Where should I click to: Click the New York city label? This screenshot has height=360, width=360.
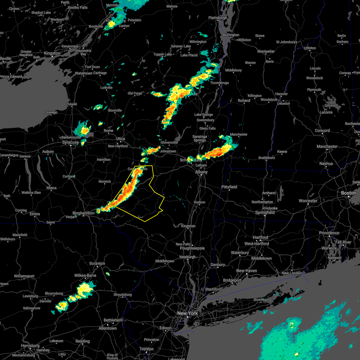click(187, 313)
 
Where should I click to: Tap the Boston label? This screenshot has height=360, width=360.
click(349, 193)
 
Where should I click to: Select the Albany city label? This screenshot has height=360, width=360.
click(201, 172)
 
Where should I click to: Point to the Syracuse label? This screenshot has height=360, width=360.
click(70, 142)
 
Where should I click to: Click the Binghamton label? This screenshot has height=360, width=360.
click(83, 213)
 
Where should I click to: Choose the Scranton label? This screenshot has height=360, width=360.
click(97, 263)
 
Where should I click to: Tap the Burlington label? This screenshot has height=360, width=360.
click(231, 35)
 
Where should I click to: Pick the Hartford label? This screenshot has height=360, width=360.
click(260, 237)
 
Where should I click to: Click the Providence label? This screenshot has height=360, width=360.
click(329, 233)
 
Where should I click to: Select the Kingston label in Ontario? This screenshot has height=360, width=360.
click(52, 53)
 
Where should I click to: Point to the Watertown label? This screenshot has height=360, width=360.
click(83, 73)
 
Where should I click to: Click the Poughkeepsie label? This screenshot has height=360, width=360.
click(192, 248)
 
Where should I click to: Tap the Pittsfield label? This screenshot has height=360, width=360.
click(229, 187)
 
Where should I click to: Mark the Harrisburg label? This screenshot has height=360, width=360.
click(30, 346)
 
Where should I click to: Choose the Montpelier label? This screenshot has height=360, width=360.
click(266, 51)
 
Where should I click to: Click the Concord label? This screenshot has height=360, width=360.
click(322, 130)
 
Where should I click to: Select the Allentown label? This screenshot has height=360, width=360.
click(108, 328)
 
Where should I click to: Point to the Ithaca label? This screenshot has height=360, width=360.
click(51, 188)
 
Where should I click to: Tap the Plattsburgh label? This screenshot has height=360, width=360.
click(218, 18)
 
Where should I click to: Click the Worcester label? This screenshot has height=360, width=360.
click(308, 201)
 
